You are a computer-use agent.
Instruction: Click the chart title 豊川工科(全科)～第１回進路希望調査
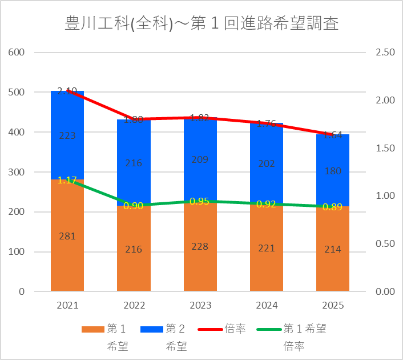[201, 25]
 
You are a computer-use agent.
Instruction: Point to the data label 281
[67, 236]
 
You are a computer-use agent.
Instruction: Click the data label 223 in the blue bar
[67, 135]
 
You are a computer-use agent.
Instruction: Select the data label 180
[333, 171]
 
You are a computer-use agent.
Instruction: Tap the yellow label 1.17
[67, 180]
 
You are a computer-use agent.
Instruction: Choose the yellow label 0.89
[333, 207]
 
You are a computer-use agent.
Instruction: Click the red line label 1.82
[200, 118]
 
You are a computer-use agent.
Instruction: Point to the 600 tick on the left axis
[18, 52]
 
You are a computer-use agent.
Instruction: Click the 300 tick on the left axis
[18, 172]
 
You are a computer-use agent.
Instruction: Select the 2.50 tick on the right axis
[385, 52]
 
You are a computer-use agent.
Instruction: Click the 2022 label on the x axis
[134, 306]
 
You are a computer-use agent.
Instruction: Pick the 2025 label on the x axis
[333, 306]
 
